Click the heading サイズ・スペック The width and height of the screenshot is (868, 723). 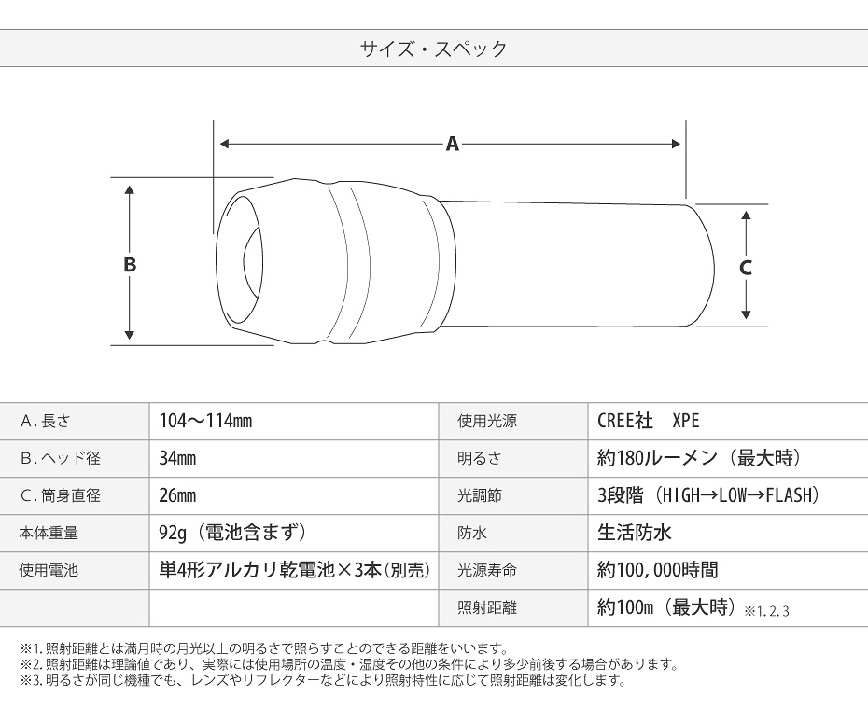[433, 49]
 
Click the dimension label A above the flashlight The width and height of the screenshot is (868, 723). [453, 144]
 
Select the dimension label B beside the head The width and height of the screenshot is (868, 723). [130, 264]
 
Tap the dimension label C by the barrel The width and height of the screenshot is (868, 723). [745, 268]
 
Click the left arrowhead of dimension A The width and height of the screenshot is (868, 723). [225, 144]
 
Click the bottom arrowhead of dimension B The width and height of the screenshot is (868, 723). [130, 335]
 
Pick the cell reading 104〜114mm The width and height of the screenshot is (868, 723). [205, 421]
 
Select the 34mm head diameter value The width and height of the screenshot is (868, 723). [177, 458]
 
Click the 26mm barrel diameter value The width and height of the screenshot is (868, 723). [177, 495]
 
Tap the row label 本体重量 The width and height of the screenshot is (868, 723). [49, 534]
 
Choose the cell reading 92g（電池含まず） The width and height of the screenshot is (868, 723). [232, 533]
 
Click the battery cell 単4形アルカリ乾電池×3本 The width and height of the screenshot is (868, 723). [271, 570]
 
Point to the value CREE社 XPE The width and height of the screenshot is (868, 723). [649, 421]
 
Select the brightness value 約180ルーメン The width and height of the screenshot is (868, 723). [657, 458]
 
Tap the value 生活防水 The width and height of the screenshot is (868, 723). [635, 533]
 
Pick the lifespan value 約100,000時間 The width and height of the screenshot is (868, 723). [658, 570]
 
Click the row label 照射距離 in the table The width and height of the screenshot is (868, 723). [487, 608]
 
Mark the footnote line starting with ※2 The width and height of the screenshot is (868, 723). [349, 664]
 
